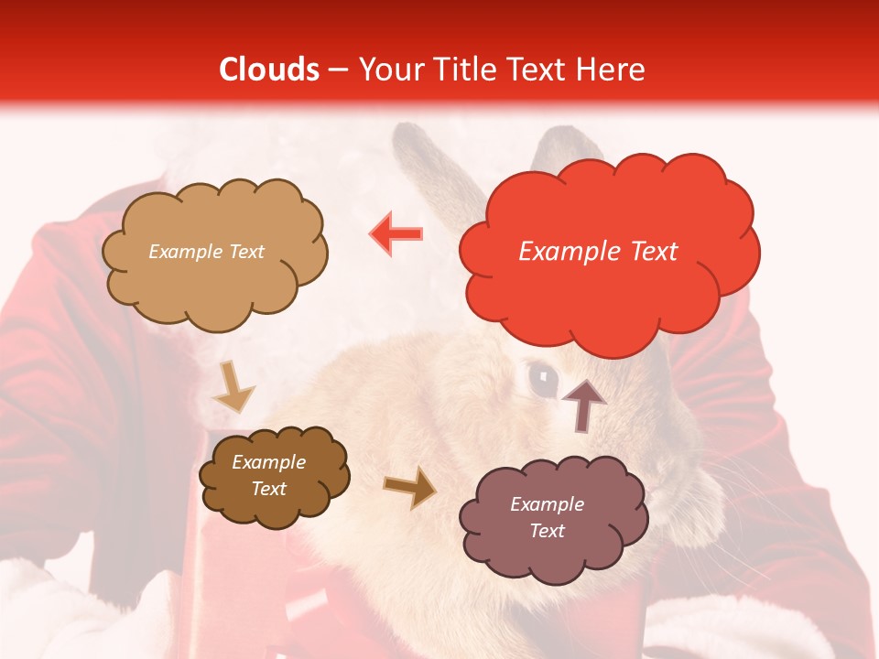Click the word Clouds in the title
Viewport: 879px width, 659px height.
tap(269, 70)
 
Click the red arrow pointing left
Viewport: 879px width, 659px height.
tap(396, 233)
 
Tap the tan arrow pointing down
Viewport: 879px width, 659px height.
tap(233, 386)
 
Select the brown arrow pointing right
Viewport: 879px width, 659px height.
tap(409, 488)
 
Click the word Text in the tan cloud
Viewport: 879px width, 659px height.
tap(244, 252)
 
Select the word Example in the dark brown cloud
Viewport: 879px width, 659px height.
tap(268, 462)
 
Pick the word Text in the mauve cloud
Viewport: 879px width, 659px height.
tap(547, 531)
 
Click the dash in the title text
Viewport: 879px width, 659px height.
tap(338, 70)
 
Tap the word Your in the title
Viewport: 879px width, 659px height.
tap(385, 70)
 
